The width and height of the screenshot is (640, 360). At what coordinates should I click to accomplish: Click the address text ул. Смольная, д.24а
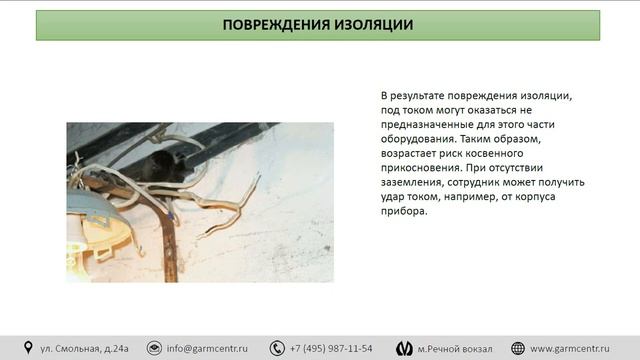(x=84, y=348)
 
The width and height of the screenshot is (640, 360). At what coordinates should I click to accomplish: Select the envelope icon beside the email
(x=154, y=347)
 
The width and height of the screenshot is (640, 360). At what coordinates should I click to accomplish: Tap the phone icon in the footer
(x=276, y=347)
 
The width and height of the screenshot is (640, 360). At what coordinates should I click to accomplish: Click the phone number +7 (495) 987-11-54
(x=331, y=348)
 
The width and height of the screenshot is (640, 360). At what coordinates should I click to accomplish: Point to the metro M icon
(x=404, y=347)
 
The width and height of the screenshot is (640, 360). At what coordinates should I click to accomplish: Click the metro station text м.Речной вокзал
(x=455, y=348)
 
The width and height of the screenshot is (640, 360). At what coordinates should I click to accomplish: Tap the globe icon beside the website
(x=518, y=347)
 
